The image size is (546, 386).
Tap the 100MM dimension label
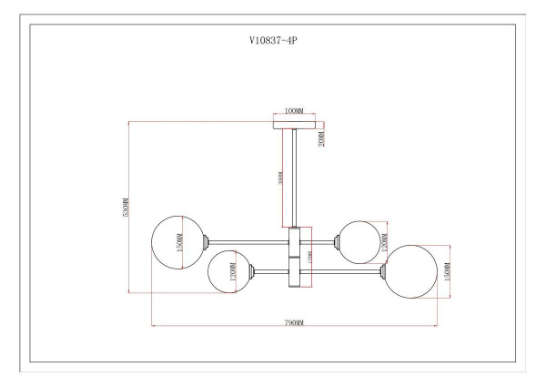(x=294, y=111)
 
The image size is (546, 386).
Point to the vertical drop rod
(x=294, y=178)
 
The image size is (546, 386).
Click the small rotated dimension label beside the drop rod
(x=281, y=178)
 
